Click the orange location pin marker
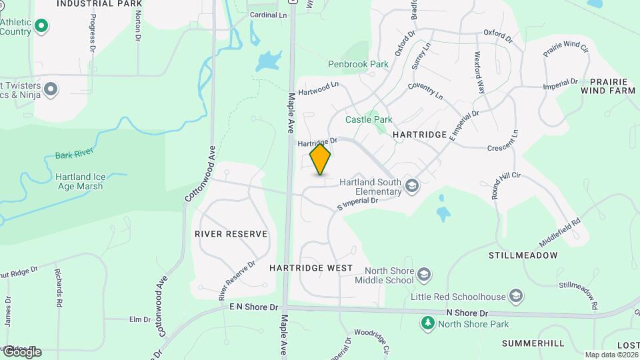point(321,159)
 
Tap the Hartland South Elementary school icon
point(413,186)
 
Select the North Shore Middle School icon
point(423,275)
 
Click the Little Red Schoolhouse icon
point(515,296)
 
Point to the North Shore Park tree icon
point(427,324)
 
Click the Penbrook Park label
point(358,65)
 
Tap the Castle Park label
point(369,119)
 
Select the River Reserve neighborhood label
point(231,234)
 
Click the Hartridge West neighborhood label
point(311,268)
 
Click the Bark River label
point(74,155)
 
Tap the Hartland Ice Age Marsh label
point(80,181)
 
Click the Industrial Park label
point(99,3)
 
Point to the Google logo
point(21,351)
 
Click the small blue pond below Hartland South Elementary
point(443,213)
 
